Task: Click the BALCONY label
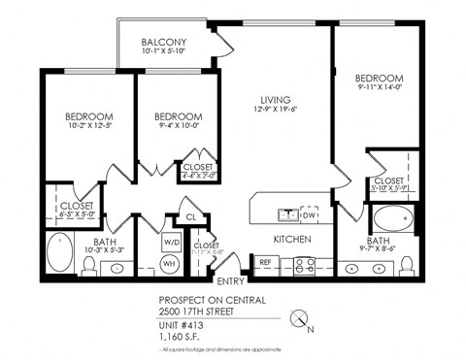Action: click(x=163, y=43)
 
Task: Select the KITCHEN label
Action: click(x=291, y=239)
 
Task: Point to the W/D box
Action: click(x=170, y=242)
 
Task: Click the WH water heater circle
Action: click(x=169, y=263)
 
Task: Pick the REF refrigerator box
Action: click(x=264, y=262)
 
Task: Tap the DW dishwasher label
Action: click(x=310, y=214)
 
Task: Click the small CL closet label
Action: click(x=192, y=217)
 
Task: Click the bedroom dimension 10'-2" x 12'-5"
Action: click(x=76, y=125)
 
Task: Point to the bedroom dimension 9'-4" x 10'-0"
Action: click(x=179, y=125)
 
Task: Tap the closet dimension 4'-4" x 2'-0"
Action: click(x=199, y=177)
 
